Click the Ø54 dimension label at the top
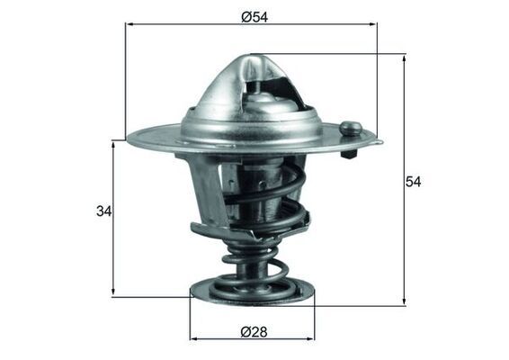pos(253,16)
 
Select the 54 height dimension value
pos(413,182)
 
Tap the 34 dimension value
pos(103,212)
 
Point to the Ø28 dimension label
pos(253,331)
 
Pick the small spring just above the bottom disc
pos(254,265)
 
